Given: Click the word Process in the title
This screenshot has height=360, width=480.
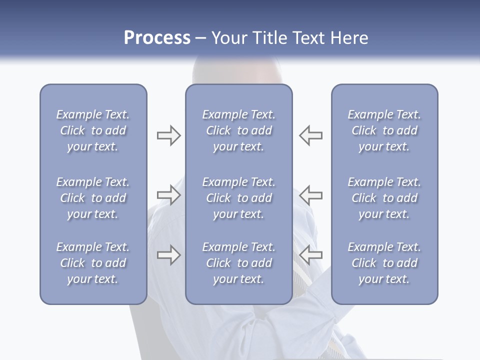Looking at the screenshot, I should click(x=157, y=38).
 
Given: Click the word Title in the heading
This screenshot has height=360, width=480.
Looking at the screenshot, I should click(x=271, y=38).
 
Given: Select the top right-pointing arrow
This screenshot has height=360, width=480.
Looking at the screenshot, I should click(x=168, y=135).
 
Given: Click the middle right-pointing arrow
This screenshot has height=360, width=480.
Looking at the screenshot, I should click(x=168, y=195).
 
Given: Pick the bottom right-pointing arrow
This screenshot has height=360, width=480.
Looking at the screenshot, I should click(x=168, y=255).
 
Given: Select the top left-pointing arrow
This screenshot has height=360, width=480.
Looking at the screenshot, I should click(x=311, y=135).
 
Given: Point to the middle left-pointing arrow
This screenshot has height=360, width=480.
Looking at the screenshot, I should click(x=311, y=195).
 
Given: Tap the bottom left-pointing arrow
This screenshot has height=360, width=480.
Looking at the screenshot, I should click(x=311, y=255).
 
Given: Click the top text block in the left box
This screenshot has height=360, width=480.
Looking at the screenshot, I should click(x=93, y=130).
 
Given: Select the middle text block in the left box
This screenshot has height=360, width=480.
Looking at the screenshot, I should click(x=93, y=198).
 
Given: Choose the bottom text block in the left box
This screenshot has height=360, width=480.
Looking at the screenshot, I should click(x=93, y=263).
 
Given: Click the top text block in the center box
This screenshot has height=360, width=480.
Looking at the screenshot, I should click(x=238, y=130).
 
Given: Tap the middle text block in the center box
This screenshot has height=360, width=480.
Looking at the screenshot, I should click(x=238, y=198).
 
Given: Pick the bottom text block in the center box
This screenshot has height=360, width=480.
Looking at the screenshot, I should click(x=238, y=263).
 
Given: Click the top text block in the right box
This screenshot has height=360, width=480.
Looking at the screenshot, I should click(x=384, y=130).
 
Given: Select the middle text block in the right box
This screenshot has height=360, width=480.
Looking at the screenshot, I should click(x=384, y=198).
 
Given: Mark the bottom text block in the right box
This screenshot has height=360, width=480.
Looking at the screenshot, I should click(x=384, y=263).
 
